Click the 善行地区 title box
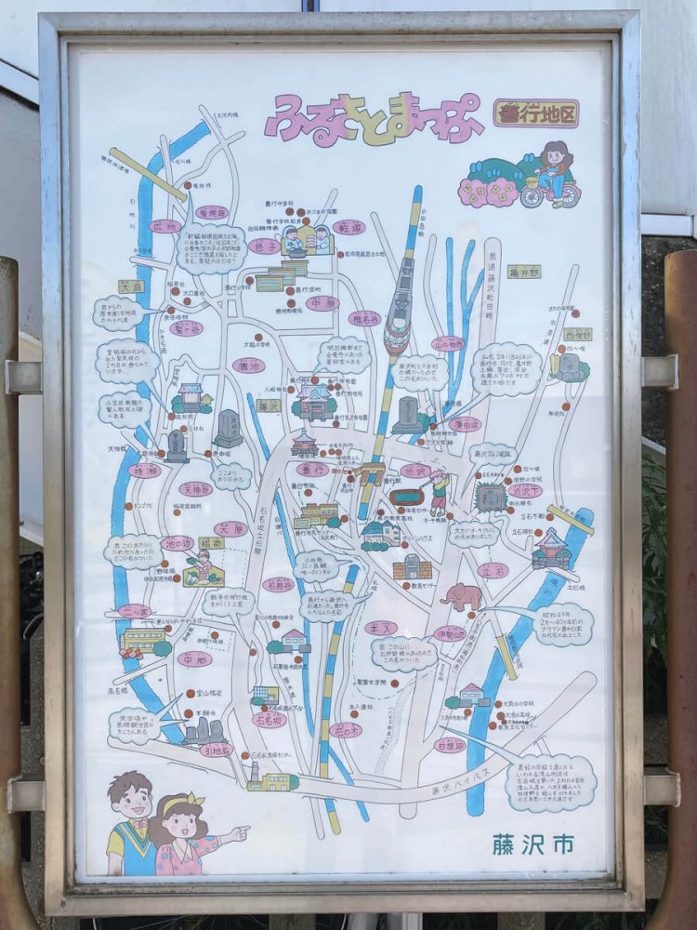pyautogui.click(x=535, y=113)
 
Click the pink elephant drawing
pyautogui.click(x=462, y=596)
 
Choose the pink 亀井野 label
pyautogui.click(x=523, y=272)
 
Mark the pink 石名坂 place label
pyautogui.click(x=270, y=719)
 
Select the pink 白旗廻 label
pyautogui.click(x=451, y=744)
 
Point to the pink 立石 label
pyautogui.click(x=493, y=569)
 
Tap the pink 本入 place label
pyautogui.click(x=380, y=628)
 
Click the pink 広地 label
pyautogui.click(x=164, y=226)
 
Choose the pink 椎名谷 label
pyautogui.click(x=364, y=318)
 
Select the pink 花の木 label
pyautogui.click(x=346, y=730)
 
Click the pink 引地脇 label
pyautogui.click(x=216, y=750)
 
